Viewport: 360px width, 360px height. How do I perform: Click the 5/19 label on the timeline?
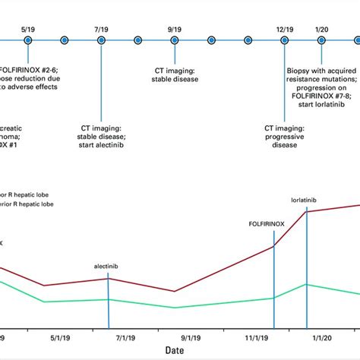click(28, 28)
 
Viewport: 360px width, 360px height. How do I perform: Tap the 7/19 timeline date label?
click(101, 28)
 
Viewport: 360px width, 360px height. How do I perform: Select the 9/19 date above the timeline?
click(174, 28)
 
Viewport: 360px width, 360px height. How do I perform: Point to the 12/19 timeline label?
click(285, 28)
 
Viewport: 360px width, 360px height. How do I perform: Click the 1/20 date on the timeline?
click(322, 28)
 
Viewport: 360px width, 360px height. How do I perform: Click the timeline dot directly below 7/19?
click(101, 39)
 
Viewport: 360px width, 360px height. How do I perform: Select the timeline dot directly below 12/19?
click(286, 39)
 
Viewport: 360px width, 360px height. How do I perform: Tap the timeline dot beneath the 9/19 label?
click(175, 39)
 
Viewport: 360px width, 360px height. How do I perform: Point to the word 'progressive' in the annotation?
click(284, 137)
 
